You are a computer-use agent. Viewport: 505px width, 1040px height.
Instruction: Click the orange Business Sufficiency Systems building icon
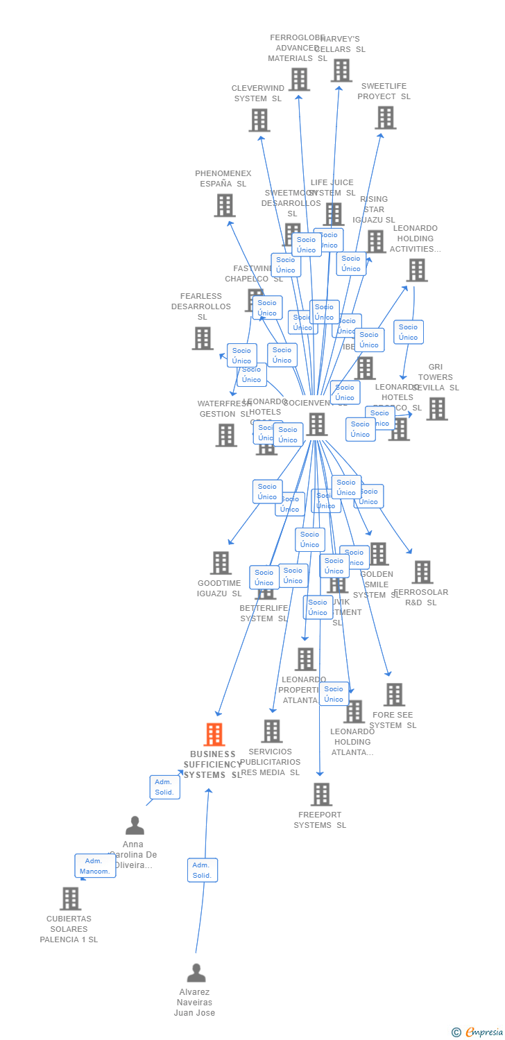(214, 734)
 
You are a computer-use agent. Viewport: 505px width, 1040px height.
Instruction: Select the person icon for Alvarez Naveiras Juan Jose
(196, 973)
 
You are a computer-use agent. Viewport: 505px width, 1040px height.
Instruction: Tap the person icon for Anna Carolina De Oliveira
(135, 825)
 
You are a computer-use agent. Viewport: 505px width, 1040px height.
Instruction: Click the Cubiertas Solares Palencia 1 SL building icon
(70, 899)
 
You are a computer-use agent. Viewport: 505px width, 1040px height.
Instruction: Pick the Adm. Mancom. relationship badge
(95, 866)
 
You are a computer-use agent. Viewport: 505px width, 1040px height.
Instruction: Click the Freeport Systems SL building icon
(321, 795)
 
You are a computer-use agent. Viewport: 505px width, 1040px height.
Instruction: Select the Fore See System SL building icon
(394, 695)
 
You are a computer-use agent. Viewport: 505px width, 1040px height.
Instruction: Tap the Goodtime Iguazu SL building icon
(221, 563)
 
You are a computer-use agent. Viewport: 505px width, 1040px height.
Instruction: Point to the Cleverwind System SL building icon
(259, 121)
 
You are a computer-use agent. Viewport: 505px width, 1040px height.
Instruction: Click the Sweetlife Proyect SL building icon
(385, 118)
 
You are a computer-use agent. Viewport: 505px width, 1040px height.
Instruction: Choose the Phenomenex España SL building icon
(224, 205)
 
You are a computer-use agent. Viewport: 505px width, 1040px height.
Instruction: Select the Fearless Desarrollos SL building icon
(203, 338)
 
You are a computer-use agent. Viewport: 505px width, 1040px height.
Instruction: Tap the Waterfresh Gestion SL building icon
(225, 435)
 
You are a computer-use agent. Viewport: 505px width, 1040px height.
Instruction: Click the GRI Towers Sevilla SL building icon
(436, 409)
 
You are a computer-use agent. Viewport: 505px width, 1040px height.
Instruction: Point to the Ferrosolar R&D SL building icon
(422, 572)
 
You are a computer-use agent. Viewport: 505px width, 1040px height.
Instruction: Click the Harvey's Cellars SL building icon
(341, 71)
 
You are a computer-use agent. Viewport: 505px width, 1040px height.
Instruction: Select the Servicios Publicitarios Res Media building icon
(271, 731)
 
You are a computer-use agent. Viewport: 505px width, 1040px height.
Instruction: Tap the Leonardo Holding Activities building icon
(416, 270)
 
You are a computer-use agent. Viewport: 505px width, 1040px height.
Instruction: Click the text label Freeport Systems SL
(320, 820)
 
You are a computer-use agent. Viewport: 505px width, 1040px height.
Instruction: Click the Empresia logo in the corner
(478, 1032)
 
